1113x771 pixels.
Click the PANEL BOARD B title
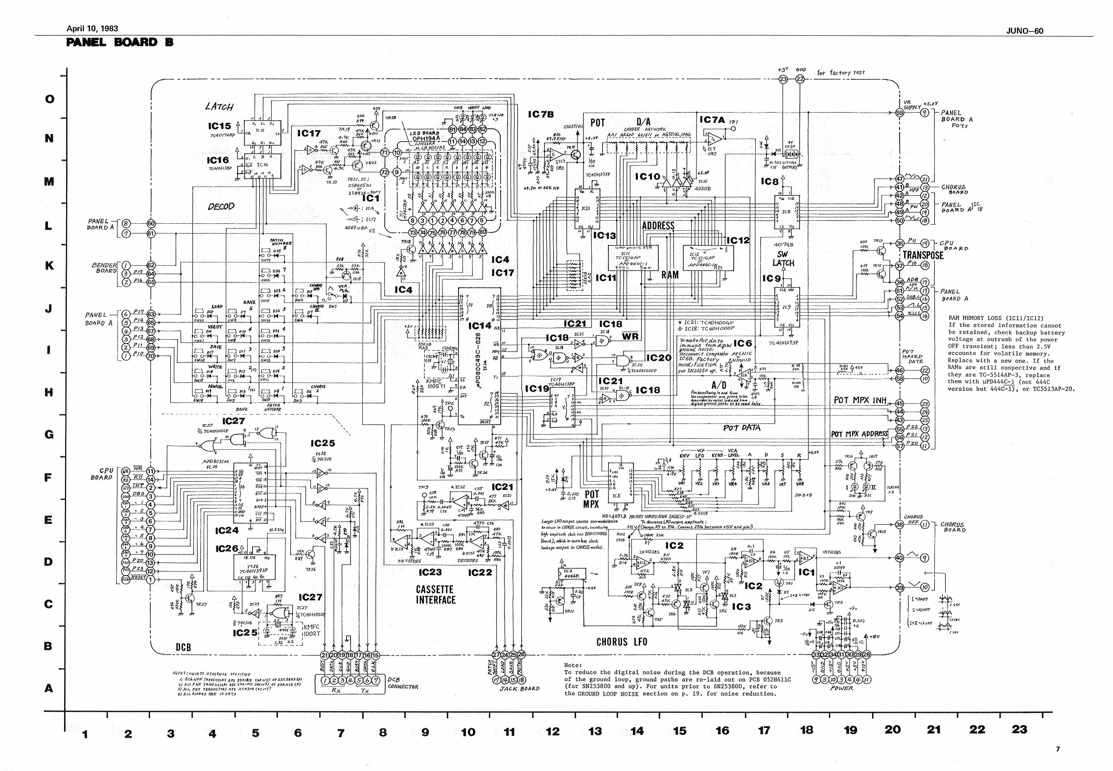pyautogui.click(x=119, y=42)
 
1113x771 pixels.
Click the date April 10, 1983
pyautogui.click(x=92, y=29)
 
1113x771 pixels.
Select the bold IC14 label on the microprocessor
pyautogui.click(x=480, y=326)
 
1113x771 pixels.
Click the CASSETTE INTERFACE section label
pyautogui.click(x=436, y=594)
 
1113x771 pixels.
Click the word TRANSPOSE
pyautogui.click(x=923, y=255)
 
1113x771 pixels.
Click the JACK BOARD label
pyautogui.click(x=519, y=688)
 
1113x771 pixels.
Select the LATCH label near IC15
pyautogui.click(x=219, y=107)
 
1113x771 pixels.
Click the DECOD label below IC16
pyautogui.click(x=221, y=207)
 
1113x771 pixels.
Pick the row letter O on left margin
pyautogui.click(x=49, y=99)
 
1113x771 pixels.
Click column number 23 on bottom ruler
pyautogui.click(x=1019, y=730)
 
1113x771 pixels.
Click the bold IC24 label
pyautogui.click(x=226, y=531)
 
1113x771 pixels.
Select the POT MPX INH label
pyautogui.click(x=860, y=400)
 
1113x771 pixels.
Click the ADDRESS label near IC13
pyautogui.click(x=658, y=226)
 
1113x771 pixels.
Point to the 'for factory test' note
pyautogui.click(x=841, y=72)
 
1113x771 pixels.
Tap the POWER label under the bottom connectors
pyautogui.click(x=841, y=688)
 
